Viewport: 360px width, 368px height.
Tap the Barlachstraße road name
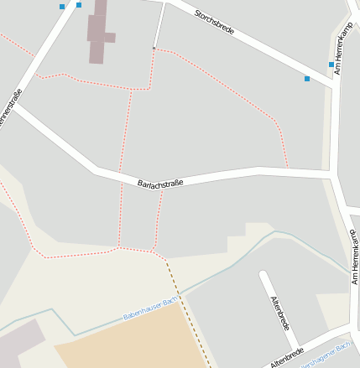click(x=159, y=179)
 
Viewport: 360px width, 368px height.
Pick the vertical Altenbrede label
click(x=279, y=312)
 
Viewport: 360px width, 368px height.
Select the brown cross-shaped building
click(x=100, y=34)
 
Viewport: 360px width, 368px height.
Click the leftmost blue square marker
click(x=62, y=7)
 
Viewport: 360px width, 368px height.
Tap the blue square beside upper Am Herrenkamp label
click(x=331, y=64)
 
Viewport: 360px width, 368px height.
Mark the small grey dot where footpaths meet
click(x=154, y=49)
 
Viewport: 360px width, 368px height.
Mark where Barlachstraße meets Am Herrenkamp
click(x=333, y=174)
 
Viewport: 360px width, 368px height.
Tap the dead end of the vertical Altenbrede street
click(x=263, y=275)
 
